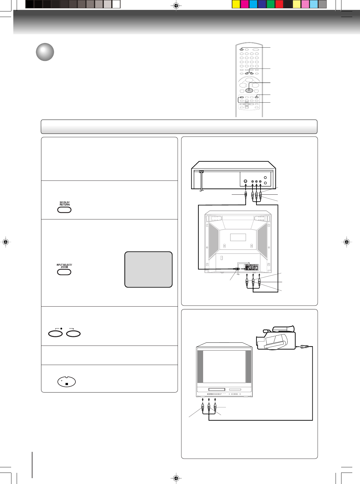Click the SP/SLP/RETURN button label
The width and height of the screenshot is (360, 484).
pyautogui.click(x=65, y=204)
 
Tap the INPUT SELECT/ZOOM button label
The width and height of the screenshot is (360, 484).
pyautogui.click(x=64, y=266)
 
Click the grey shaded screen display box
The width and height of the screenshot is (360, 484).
pyautogui.click(x=148, y=270)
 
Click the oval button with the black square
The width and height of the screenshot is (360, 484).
pyautogui.click(x=66, y=382)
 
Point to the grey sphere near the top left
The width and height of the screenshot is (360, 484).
pyautogui.click(x=45, y=52)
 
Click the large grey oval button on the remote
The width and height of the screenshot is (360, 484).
pyautogui.click(x=249, y=90)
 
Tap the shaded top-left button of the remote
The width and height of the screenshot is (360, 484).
pyautogui.click(x=241, y=49)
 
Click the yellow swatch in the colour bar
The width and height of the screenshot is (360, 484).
pyautogui.click(x=236, y=4)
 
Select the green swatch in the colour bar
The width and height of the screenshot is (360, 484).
pyautogui.click(x=271, y=4)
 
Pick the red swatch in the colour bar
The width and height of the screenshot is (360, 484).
pyautogui.click(x=279, y=4)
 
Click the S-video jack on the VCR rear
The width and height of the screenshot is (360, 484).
pyautogui.click(x=245, y=181)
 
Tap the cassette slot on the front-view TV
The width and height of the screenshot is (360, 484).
pyautogui.click(x=217, y=389)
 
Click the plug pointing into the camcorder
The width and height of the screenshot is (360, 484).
pyautogui.click(x=304, y=346)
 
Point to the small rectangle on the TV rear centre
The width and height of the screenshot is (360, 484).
pyautogui.click(x=238, y=237)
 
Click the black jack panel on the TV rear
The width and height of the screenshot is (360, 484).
pyautogui.click(x=252, y=268)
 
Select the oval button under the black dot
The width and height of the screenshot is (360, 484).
pyautogui.click(x=55, y=334)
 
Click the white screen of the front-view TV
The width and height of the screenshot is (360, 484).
pyautogui.click(x=224, y=366)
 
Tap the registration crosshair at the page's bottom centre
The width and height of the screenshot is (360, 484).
pyautogui.click(x=176, y=478)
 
